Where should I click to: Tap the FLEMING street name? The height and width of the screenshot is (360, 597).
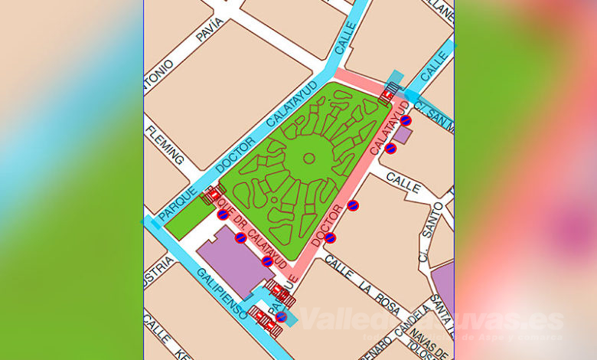tap(165, 145)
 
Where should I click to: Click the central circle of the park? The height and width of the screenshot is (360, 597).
tap(309, 159)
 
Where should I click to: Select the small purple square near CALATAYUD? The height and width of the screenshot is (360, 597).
tap(403, 136)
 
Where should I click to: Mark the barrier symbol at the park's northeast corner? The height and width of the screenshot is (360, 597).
tap(388, 93)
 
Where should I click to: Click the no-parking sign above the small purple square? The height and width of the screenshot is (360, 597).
tap(406, 120)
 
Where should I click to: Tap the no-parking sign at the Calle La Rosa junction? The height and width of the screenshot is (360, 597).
tap(330, 238)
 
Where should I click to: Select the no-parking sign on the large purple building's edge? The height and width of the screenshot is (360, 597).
tap(267, 261)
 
